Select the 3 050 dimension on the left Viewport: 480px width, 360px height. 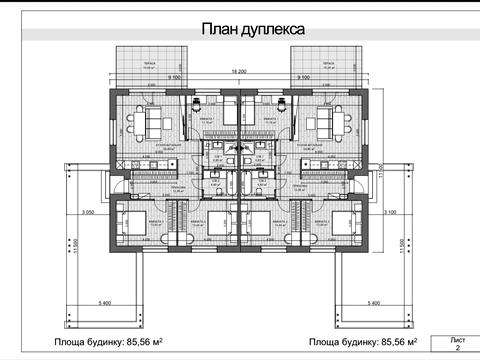click(87, 212)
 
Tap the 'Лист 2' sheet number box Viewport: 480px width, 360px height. click(457, 345)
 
